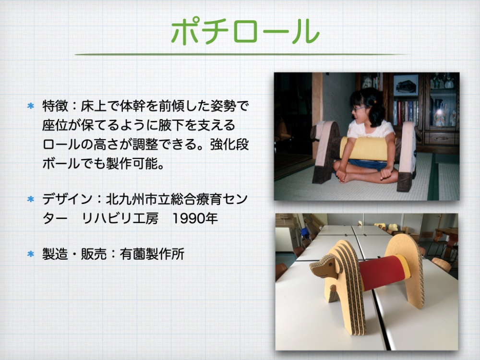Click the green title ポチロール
coord(245,31)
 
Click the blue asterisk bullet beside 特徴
coord(31,106)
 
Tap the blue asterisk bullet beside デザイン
coord(31,199)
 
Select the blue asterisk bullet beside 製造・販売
coord(31,254)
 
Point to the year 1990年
coord(195,218)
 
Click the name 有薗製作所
coord(152,254)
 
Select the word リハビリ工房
coord(120,218)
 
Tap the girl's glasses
coord(359,108)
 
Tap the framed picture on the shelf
coord(406,85)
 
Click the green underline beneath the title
coord(242,55)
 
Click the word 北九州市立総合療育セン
coord(177,199)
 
